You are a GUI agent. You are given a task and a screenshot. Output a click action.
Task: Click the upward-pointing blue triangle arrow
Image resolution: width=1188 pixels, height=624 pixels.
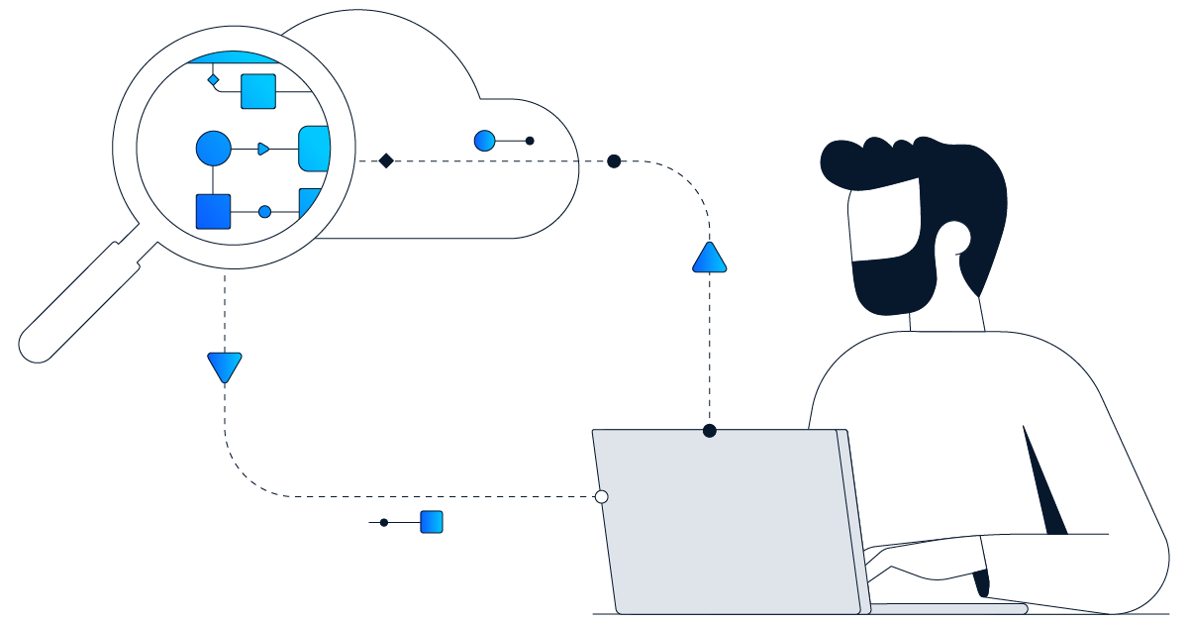(710, 260)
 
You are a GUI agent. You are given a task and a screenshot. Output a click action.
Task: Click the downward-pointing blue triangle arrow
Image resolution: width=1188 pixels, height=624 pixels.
(225, 366)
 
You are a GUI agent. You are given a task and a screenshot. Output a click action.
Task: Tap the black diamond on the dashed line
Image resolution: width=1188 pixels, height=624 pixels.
(386, 160)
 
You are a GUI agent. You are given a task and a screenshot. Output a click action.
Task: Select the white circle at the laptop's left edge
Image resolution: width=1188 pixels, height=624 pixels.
(601, 496)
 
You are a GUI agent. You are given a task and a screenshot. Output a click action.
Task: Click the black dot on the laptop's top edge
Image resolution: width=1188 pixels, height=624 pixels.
(709, 430)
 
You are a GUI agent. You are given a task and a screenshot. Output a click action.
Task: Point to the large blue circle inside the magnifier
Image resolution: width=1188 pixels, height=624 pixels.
(213, 149)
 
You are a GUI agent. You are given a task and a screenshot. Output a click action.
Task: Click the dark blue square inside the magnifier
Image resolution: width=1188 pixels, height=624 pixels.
(213, 211)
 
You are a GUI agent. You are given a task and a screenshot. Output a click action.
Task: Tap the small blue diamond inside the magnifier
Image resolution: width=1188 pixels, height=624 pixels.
(213, 79)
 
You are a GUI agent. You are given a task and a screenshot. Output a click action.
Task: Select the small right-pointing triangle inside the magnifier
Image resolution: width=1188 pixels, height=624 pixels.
(263, 149)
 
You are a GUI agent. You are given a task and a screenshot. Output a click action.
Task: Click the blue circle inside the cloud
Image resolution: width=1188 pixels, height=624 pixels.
(484, 141)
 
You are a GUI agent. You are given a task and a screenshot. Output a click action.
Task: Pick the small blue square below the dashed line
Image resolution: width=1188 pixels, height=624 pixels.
(431, 522)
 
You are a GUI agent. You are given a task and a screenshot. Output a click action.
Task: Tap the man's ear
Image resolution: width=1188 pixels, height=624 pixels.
(955, 241)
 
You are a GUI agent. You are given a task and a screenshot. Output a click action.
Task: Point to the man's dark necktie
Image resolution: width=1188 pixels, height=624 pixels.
(1044, 485)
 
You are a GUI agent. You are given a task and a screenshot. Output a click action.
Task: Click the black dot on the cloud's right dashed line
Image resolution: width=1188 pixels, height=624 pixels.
(614, 161)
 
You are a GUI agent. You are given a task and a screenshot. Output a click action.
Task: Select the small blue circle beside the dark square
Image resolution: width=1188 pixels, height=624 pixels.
(264, 211)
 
